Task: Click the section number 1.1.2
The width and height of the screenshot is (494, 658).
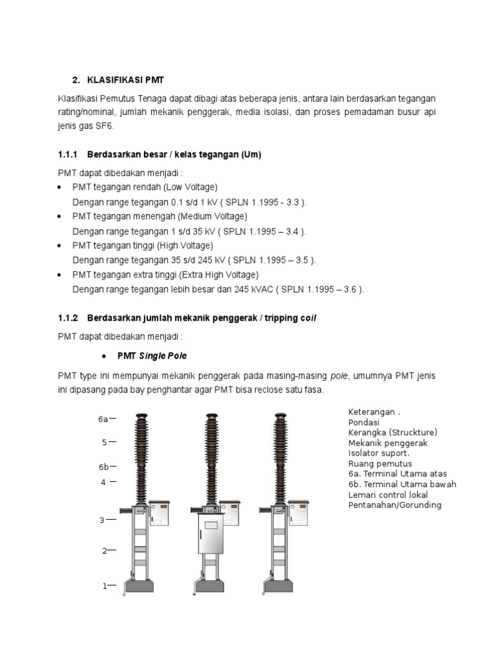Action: [x=67, y=318]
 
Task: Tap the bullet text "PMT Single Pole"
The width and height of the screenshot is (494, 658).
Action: [x=152, y=355]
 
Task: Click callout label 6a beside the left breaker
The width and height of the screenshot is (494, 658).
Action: [x=103, y=419]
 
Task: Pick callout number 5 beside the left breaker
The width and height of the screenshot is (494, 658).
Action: [x=104, y=442]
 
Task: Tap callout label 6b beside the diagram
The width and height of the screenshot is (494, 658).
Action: [x=103, y=467]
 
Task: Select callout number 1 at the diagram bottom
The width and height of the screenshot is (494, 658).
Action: [x=104, y=585]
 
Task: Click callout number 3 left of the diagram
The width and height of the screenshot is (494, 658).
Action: [x=102, y=520]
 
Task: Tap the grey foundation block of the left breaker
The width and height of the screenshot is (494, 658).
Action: [x=138, y=586]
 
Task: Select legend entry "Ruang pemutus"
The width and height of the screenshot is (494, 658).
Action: [x=380, y=463]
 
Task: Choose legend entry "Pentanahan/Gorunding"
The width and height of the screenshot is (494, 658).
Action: [x=395, y=505]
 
